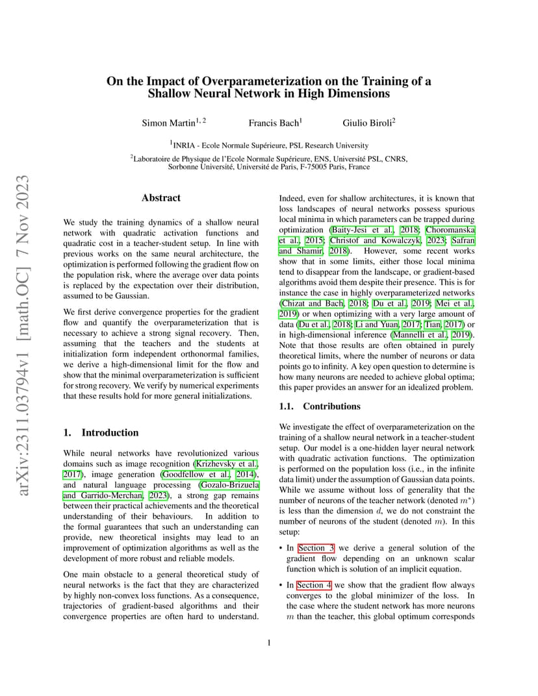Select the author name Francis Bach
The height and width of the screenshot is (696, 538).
point(273,123)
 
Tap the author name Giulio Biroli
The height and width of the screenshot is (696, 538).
point(367,123)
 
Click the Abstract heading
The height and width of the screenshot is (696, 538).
point(161,198)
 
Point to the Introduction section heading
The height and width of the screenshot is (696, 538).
point(110,432)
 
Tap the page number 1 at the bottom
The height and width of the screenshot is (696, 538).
point(269,643)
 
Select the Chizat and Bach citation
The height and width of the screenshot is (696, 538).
point(312,303)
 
